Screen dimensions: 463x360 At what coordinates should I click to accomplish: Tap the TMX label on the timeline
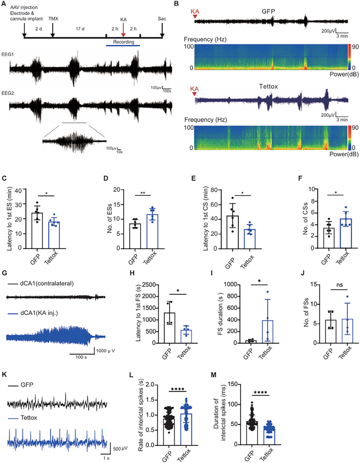click(x=53, y=19)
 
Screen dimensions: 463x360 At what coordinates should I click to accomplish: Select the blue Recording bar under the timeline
click(x=123, y=45)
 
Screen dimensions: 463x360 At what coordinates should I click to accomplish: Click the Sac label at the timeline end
click(x=162, y=19)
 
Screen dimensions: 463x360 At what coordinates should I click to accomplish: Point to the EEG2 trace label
click(x=7, y=93)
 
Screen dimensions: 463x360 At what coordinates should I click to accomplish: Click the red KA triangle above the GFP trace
click(x=195, y=16)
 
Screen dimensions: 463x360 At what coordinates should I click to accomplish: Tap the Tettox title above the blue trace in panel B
click(x=268, y=86)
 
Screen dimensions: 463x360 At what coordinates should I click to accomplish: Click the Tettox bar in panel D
click(x=152, y=231)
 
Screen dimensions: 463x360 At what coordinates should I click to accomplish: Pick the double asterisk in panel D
click(x=143, y=193)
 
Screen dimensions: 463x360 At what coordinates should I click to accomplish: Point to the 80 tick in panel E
click(x=214, y=190)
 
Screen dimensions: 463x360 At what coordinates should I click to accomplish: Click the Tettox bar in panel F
click(x=346, y=233)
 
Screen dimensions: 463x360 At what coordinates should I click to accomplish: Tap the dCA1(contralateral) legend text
click(x=47, y=284)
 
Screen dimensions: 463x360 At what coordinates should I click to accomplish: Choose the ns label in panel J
click(x=339, y=285)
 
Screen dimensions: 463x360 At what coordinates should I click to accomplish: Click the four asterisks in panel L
click(x=178, y=389)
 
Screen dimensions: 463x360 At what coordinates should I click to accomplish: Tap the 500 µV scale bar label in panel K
click(x=120, y=448)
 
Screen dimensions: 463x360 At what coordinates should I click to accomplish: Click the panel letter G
click(x=5, y=273)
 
